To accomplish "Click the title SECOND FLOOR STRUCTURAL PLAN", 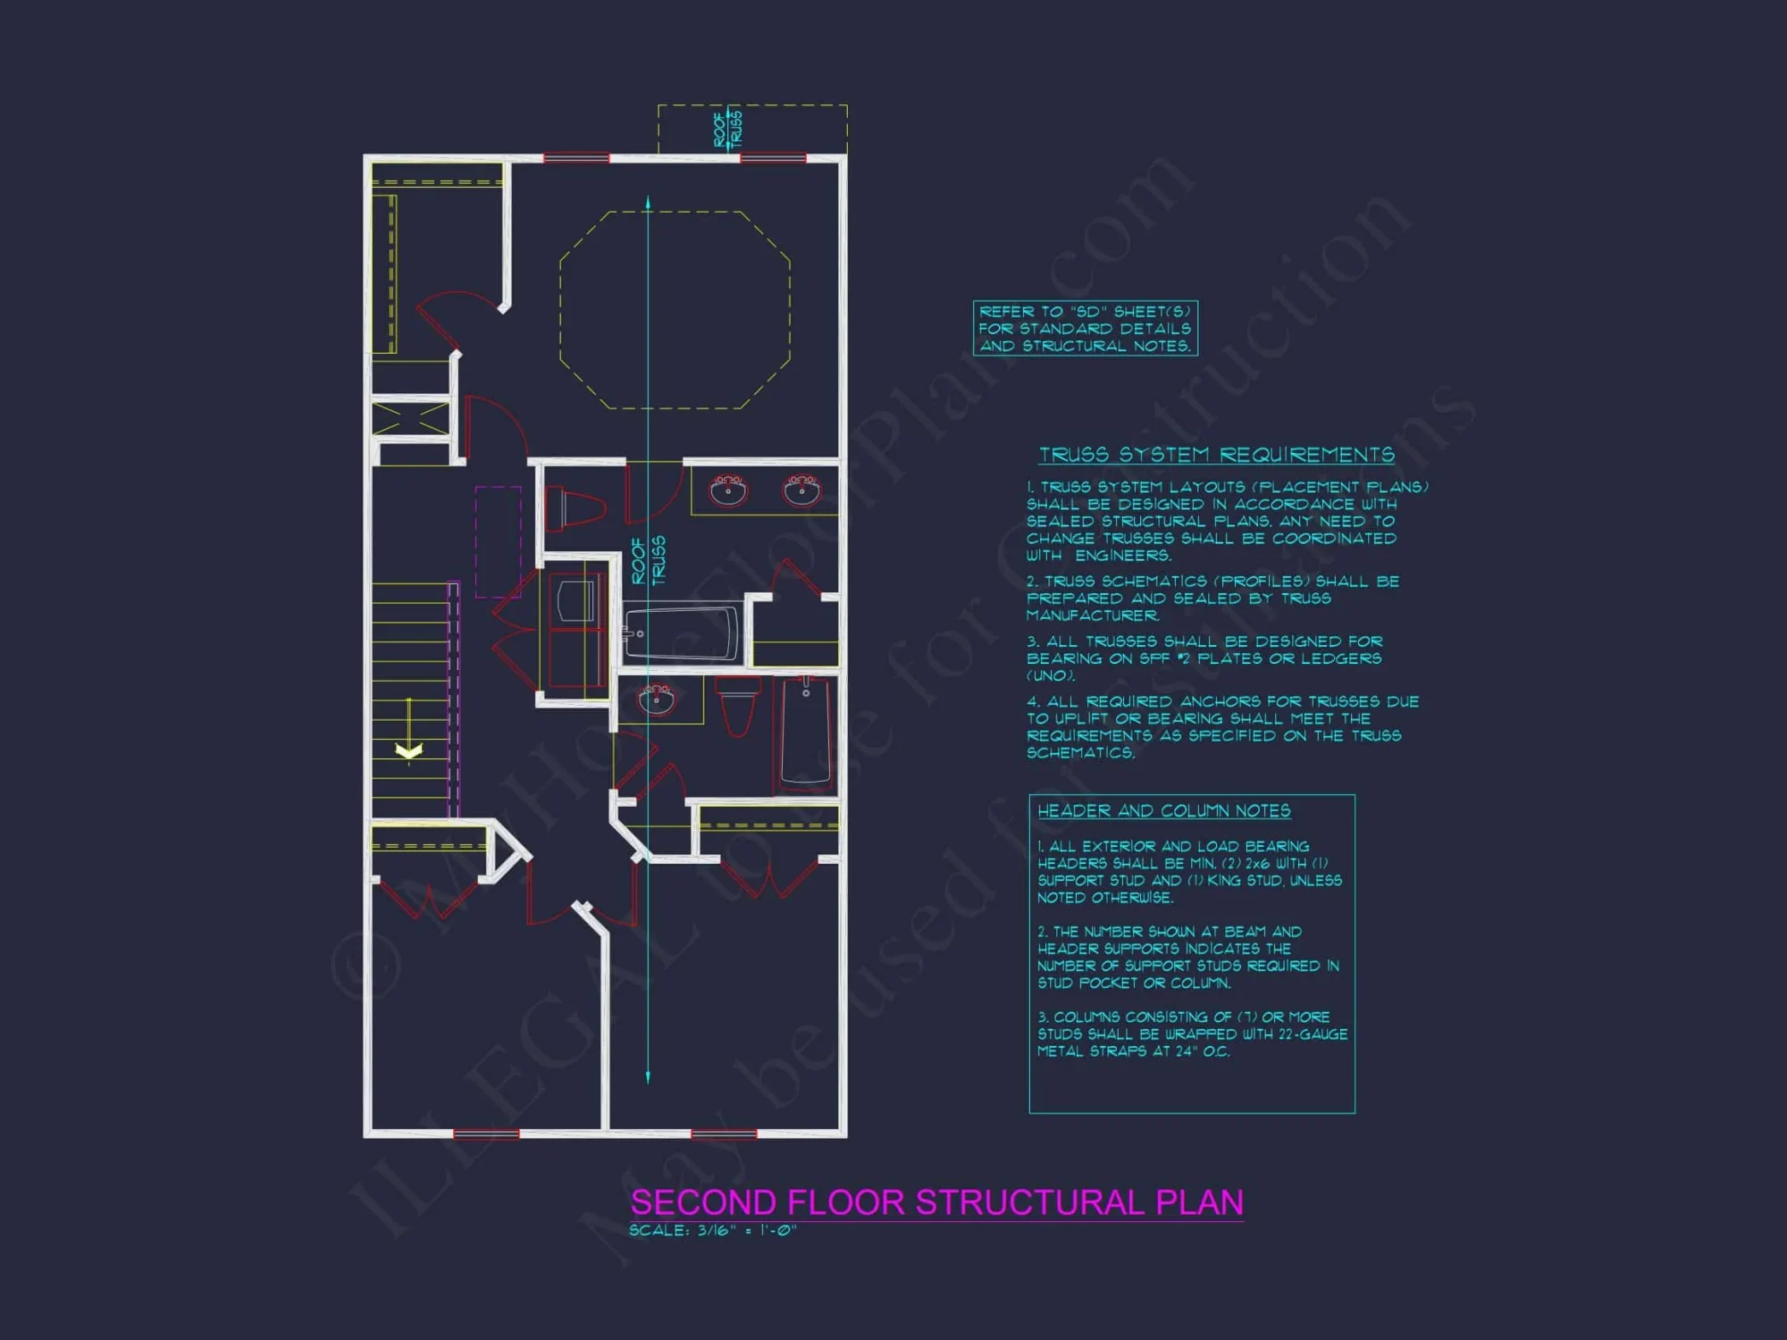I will [x=936, y=1202].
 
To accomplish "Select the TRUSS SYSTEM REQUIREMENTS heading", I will [x=1216, y=455].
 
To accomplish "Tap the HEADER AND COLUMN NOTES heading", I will [x=1163, y=810].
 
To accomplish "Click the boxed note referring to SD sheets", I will [x=1085, y=329].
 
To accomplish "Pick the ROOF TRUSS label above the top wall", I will [x=727, y=129].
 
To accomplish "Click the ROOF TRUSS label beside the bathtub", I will [x=649, y=560].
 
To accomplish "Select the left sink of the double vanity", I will [x=728, y=490].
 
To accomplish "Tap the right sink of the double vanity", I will [x=801, y=490].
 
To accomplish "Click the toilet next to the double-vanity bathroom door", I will [x=575, y=508].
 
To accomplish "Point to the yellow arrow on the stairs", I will [x=409, y=749].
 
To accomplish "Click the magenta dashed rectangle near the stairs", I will [x=498, y=541].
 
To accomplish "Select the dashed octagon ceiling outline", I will [x=675, y=310].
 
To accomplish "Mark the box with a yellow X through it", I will [x=410, y=419].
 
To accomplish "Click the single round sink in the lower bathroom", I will [x=657, y=699].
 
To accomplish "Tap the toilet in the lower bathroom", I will [x=738, y=704].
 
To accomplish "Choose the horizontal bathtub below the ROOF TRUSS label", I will [x=682, y=632].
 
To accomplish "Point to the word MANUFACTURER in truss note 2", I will [x=1092, y=616].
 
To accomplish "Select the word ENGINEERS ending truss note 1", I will [x=1122, y=556].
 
